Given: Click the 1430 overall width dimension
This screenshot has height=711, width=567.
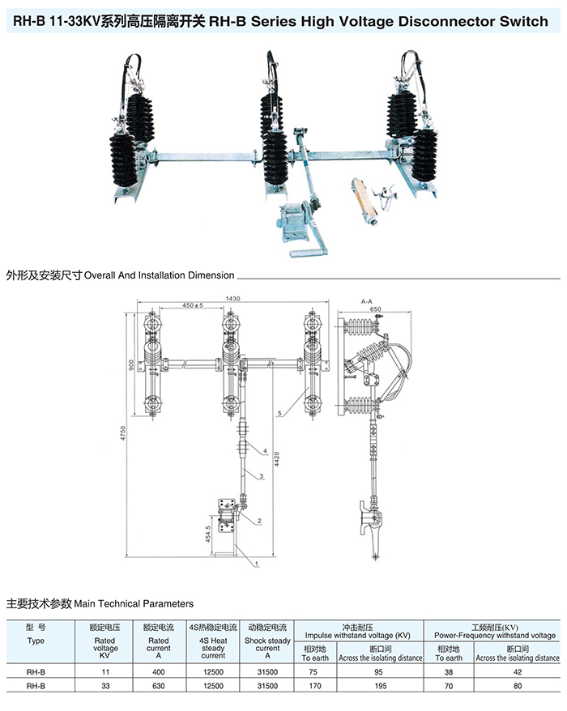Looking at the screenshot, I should click(233, 299).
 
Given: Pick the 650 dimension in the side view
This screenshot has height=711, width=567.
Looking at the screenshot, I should click(375, 309).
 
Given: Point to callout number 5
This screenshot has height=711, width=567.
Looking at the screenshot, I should click(280, 414).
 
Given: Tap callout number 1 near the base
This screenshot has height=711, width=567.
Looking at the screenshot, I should click(256, 560).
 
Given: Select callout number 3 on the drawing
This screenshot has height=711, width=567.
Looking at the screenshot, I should click(262, 477).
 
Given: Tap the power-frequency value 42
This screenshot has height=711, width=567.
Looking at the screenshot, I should click(518, 671).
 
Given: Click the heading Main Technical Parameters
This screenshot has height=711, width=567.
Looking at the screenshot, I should click(134, 603).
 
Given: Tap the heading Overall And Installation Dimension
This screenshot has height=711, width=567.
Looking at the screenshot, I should click(159, 275).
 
